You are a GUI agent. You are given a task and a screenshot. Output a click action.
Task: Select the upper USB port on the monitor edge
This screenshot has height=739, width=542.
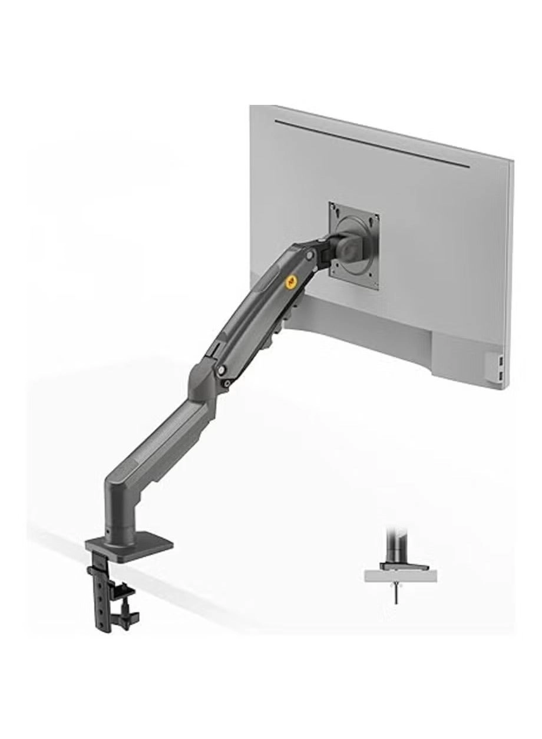(x=500, y=359)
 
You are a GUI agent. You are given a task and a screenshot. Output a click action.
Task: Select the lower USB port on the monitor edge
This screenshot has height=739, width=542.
(x=500, y=375)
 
